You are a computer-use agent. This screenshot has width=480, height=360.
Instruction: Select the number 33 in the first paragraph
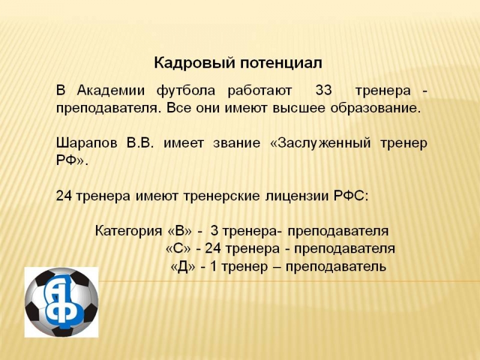click(x=323, y=91)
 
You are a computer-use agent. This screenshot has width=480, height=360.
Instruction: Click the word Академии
click(x=111, y=91)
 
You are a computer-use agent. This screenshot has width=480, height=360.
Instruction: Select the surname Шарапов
click(x=86, y=143)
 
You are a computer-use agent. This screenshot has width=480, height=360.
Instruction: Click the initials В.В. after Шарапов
click(x=140, y=143)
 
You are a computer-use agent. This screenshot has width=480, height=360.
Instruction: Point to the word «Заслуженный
click(x=320, y=143)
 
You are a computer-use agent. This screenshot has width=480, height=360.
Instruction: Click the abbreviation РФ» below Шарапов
click(x=71, y=161)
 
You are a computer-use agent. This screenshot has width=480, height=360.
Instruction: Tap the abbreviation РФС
click(x=350, y=196)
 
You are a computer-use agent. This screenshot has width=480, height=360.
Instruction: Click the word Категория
click(x=128, y=231)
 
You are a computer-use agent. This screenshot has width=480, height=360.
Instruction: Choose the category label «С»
click(x=178, y=248)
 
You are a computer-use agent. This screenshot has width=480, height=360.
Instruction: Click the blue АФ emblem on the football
click(x=64, y=302)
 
